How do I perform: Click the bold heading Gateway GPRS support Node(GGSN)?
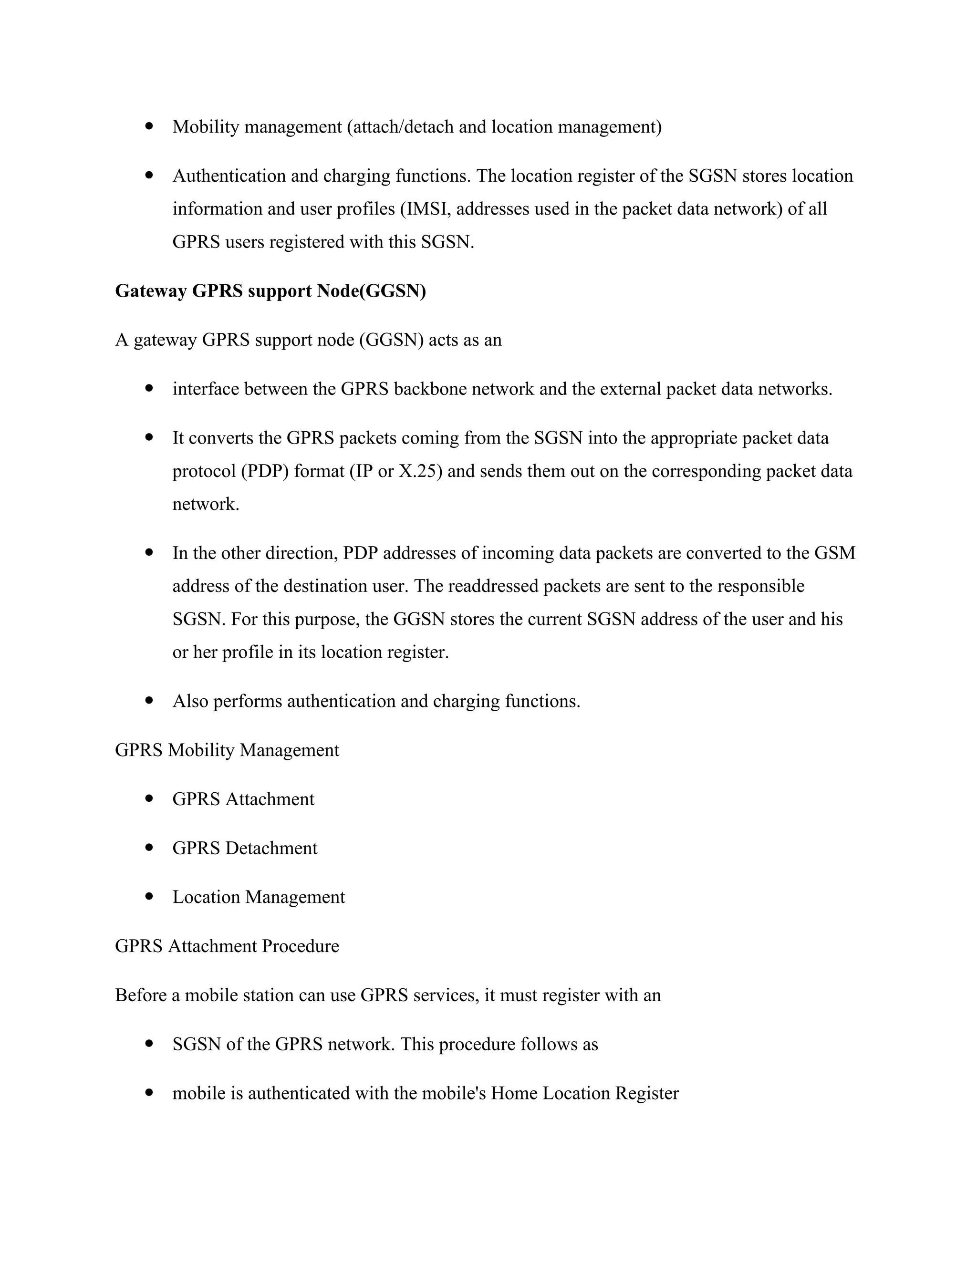click(270, 291)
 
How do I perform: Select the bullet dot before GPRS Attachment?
click(150, 798)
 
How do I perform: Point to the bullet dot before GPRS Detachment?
click(150, 848)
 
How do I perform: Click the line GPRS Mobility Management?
click(227, 750)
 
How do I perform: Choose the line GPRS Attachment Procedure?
click(227, 946)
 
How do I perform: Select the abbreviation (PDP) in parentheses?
click(264, 471)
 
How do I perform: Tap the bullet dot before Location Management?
click(150, 897)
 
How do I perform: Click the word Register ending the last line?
click(646, 1093)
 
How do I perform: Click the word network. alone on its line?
click(206, 504)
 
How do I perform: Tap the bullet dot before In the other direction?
click(150, 553)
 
